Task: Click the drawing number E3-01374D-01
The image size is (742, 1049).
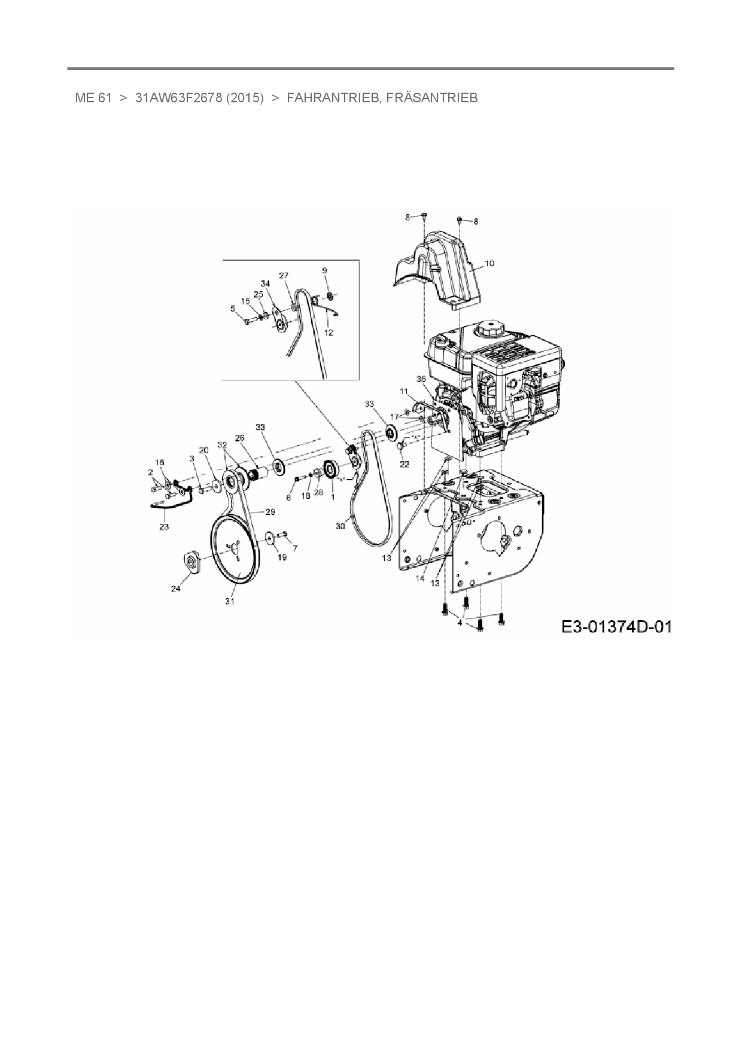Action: point(616,627)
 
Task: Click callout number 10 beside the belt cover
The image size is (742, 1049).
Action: point(489,263)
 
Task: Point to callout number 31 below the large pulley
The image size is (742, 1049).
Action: point(230,601)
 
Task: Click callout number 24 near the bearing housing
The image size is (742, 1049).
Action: point(175,588)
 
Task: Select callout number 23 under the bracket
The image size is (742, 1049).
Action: point(163,526)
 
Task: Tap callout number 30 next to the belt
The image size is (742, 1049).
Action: point(340,526)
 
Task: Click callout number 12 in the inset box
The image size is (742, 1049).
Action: point(329,333)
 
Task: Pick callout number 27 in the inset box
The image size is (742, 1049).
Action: point(284,276)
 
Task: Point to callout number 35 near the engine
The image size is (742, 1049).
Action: point(421,379)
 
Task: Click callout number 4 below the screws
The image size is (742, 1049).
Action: point(460,623)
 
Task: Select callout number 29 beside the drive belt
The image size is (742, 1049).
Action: point(270,512)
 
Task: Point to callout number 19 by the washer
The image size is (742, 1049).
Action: point(282,557)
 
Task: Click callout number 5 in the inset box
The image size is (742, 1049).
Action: point(233,309)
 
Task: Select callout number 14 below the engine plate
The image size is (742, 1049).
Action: point(420,578)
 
